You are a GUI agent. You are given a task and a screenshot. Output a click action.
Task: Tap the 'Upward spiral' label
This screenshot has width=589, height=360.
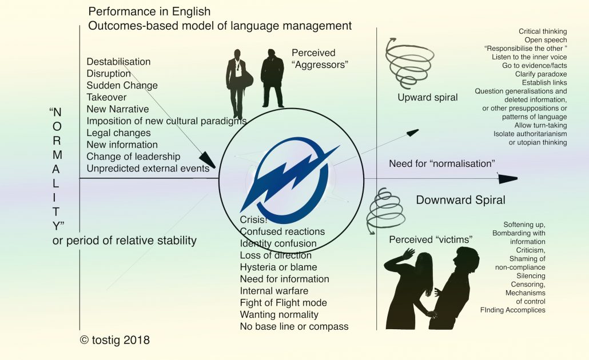tap(428, 98)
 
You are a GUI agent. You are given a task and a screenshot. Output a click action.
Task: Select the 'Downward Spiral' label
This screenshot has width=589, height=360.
tap(460, 199)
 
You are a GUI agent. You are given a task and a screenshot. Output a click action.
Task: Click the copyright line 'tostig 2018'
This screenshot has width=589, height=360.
tap(115, 340)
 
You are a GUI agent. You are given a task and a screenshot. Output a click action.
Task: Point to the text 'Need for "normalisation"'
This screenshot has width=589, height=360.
tap(441, 163)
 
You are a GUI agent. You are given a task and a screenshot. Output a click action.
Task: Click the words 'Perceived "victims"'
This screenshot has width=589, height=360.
tap(431, 239)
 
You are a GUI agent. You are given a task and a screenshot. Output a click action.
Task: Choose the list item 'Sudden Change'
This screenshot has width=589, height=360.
tap(122, 85)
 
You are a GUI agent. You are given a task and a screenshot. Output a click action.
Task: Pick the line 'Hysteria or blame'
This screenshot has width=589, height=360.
tap(278, 267)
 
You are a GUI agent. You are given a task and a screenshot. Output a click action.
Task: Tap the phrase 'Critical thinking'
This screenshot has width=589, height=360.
tap(543, 31)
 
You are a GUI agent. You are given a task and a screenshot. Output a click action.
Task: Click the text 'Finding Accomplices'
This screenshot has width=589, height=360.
tap(512, 310)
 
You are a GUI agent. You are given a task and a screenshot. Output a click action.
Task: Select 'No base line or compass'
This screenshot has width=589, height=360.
tap(294, 327)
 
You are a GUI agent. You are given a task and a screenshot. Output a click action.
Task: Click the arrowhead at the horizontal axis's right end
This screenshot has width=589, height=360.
tap(508, 178)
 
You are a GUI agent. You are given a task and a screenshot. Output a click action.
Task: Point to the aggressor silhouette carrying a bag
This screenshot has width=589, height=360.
tap(238, 83)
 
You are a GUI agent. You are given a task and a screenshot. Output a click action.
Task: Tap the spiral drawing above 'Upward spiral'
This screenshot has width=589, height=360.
tap(409, 63)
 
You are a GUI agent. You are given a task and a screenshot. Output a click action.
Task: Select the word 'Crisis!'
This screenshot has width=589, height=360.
tap(253, 219)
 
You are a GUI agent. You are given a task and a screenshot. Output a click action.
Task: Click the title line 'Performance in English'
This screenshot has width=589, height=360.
tap(149, 11)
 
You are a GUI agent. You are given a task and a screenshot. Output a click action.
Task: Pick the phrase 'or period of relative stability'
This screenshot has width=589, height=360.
tap(124, 241)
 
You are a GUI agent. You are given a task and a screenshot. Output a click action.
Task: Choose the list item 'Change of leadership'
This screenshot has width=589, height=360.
tap(133, 157)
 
